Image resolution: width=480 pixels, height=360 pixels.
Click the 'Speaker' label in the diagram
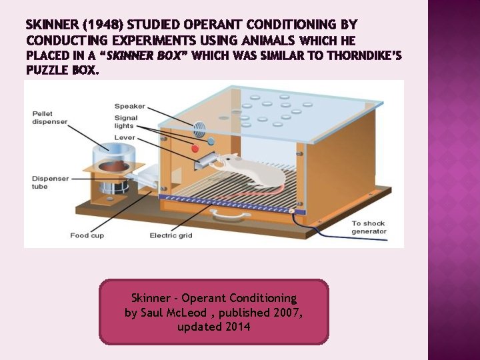point(129,107)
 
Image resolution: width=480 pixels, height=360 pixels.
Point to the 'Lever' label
point(125,137)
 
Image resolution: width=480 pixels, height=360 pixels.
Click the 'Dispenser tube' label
point(48,183)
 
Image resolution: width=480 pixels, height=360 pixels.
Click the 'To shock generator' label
point(369,227)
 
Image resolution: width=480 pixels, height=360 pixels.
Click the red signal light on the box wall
point(195,149)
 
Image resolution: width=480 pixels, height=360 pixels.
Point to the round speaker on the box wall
point(199,128)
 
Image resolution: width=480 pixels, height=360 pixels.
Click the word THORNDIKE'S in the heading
point(365,56)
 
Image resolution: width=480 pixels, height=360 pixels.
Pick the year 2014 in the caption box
point(237,327)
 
